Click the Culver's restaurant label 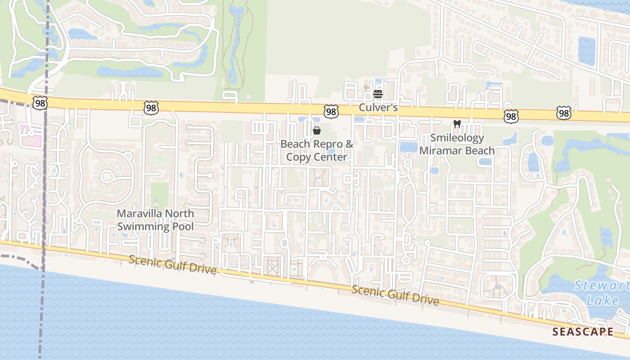[378, 108]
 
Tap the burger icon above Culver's [378, 94]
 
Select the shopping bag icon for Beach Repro [317, 131]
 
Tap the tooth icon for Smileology [457, 124]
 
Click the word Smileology [457, 138]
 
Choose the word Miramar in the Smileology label [438, 150]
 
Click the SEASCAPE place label [583, 332]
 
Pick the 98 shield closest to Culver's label [331, 112]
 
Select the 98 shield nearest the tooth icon [511, 117]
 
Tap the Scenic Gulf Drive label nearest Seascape [395, 295]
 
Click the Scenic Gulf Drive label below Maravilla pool [172, 265]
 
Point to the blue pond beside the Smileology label [409, 147]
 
